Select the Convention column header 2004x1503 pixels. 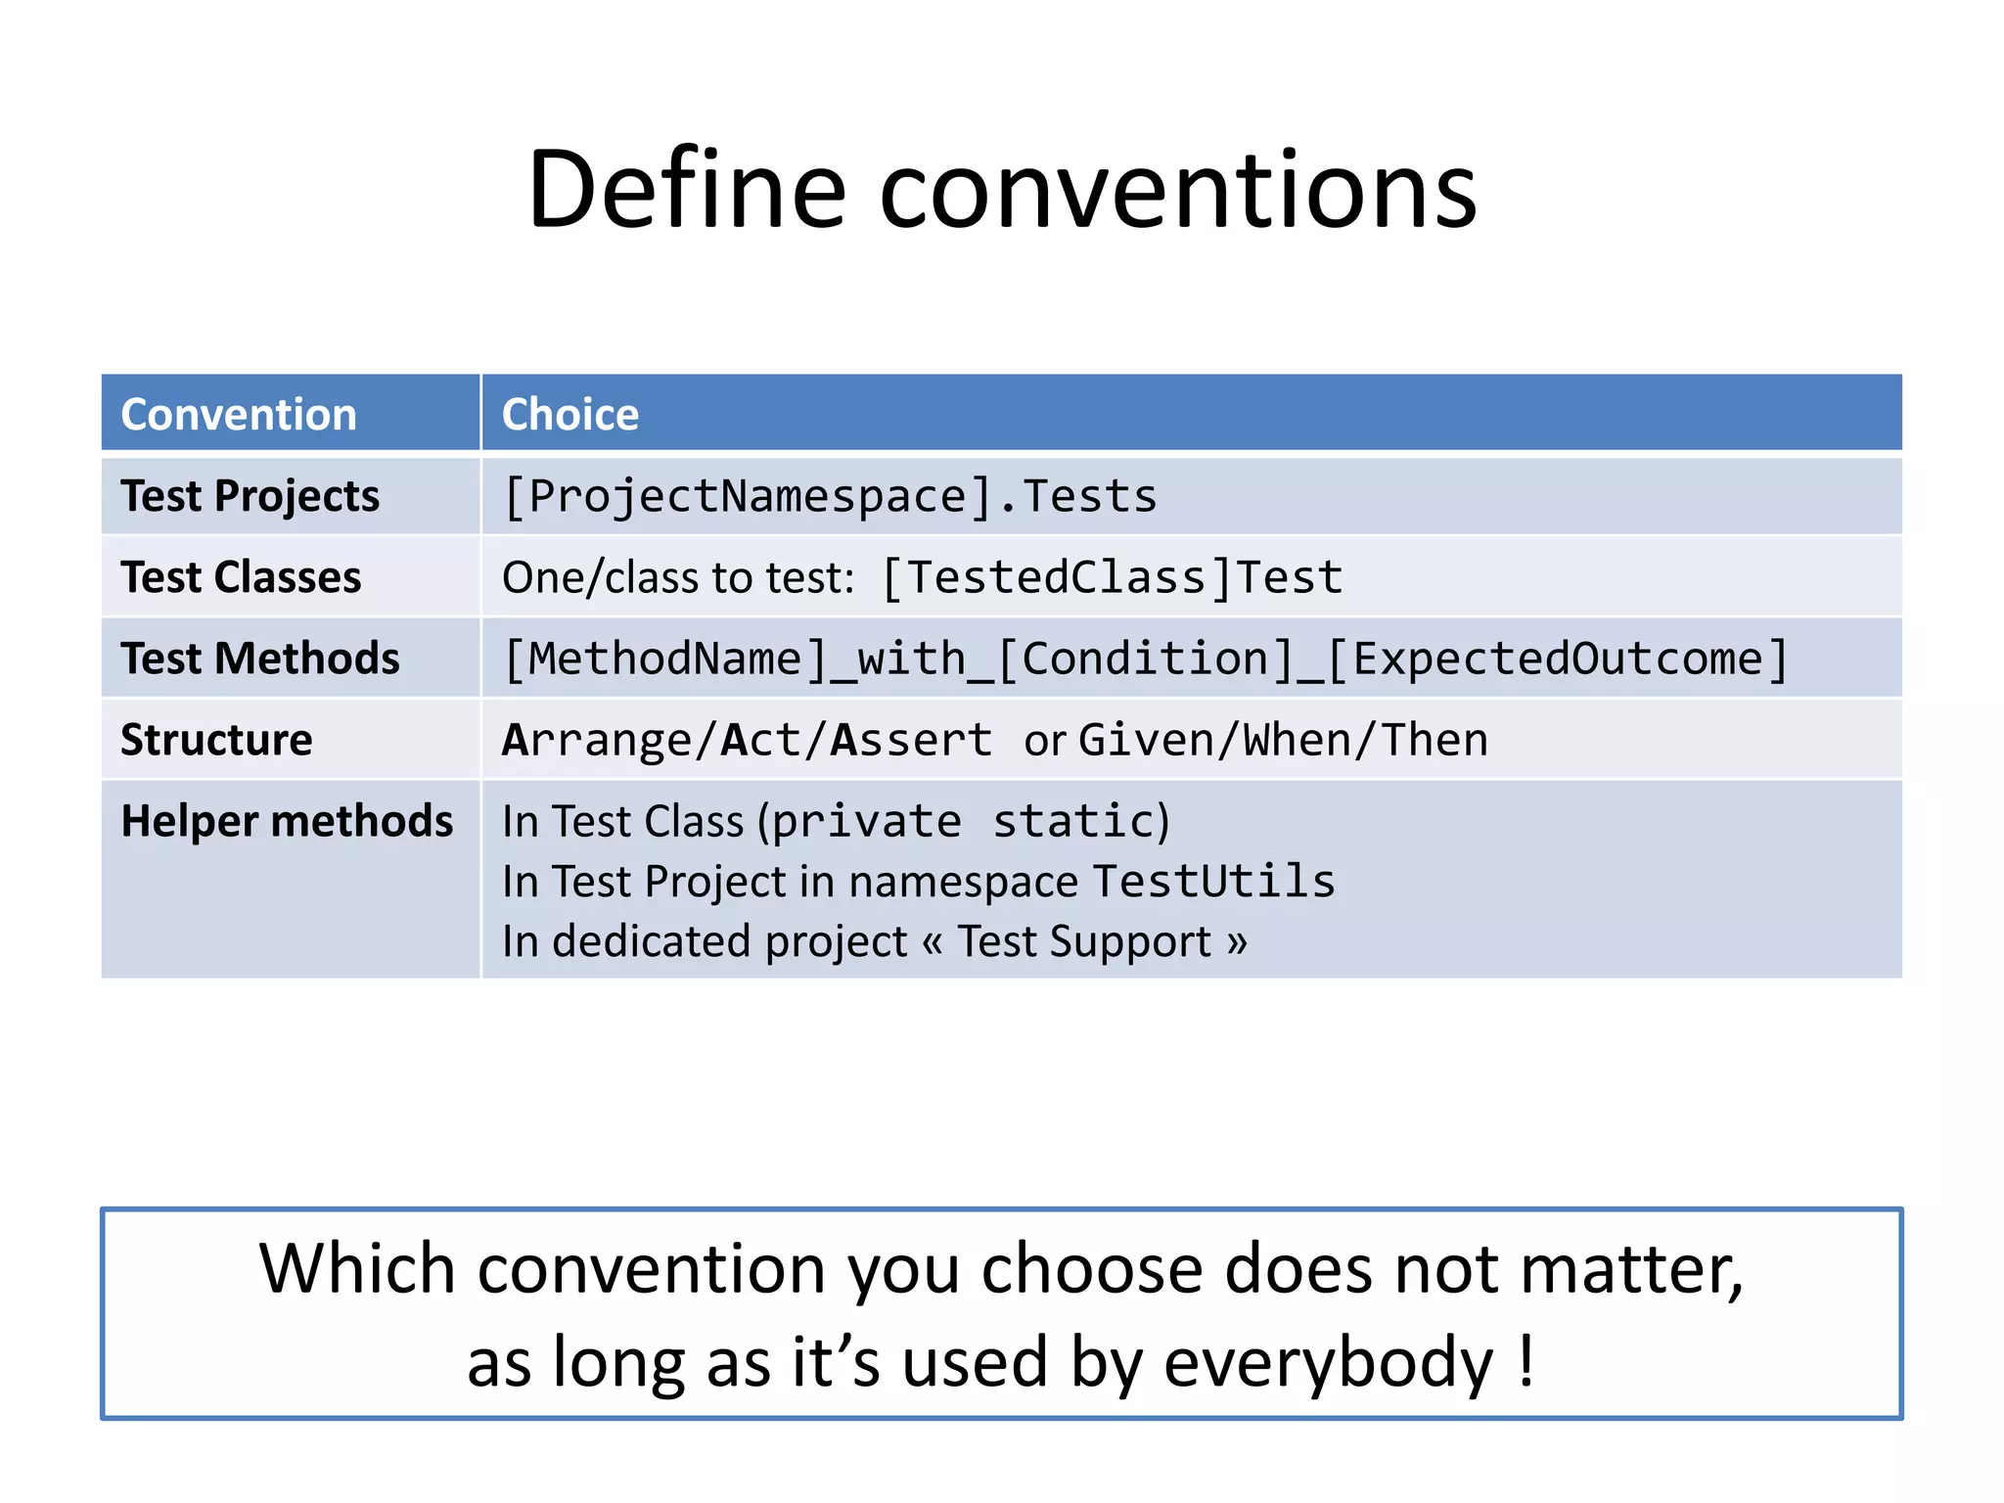pos(239,414)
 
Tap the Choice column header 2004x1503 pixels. pos(569,414)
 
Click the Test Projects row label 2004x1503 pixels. pos(250,496)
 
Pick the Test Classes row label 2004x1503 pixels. pos(241,577)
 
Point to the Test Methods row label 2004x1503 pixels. pos(259,659)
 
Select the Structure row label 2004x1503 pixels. pos(216,740)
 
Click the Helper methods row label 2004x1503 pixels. pos(287,821)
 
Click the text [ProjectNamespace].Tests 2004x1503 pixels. pos(829,496)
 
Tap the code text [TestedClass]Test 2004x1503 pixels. pos(1112,577)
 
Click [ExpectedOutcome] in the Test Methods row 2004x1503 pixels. pos(1556,659)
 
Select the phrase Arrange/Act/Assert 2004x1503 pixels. pos(748,740)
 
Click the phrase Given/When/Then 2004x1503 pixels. pos(1283,740)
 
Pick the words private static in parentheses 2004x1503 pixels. pos(964,821)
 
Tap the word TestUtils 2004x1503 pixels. pos(1213,882)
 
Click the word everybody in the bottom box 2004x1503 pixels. pos(1328,1361)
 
